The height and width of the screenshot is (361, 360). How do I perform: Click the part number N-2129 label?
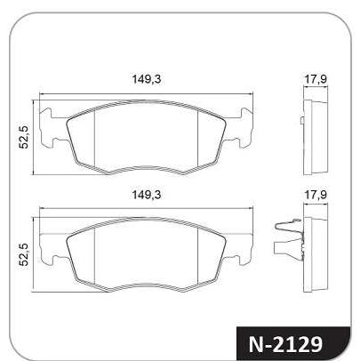click(285, 344)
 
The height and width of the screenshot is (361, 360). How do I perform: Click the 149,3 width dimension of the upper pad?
click(147, 79)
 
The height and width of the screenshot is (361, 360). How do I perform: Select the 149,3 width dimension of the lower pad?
click(147, 195)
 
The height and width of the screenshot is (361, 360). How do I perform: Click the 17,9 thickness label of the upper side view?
click(316, 79)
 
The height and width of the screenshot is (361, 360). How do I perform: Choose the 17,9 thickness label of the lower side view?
click(316, 195)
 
